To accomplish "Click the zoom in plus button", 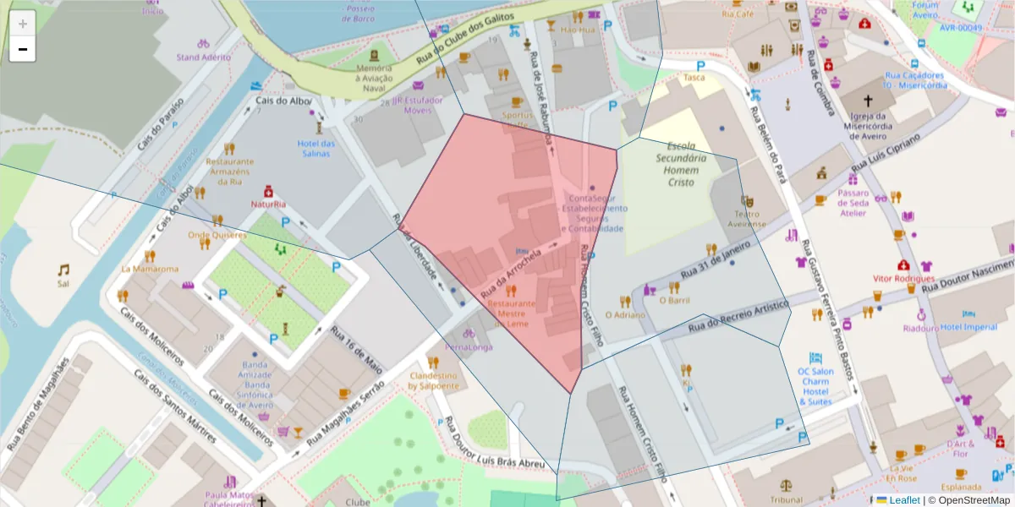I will (x=23, y=24).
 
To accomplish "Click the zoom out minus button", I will (x=23, y=49).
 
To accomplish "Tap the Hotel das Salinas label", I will (x=316, y=149).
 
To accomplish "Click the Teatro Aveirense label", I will (x=747, y=219).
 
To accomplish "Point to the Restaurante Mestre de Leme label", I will (x=511, y=313).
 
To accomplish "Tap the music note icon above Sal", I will (x=63, y=270).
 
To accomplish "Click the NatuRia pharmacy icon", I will (x=268, y=190).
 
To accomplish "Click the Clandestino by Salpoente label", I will (x=433, y=380).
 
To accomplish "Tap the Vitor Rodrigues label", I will (x=904, y=278).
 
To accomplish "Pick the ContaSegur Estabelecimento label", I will (x=595, y=208).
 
